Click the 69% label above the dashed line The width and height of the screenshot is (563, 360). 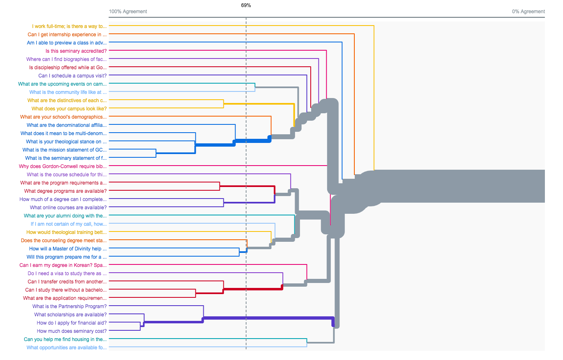(x=246, y=5)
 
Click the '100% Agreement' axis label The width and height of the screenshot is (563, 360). (x=128, y=12)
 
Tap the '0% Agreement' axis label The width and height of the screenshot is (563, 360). (x=528, y=12)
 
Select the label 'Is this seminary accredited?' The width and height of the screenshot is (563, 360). (x=76, y=51)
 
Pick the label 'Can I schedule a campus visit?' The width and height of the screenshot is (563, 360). (x=72, y=76)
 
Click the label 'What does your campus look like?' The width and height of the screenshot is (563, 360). (x=69, y=109)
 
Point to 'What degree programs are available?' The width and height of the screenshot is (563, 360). (x=65, y=191)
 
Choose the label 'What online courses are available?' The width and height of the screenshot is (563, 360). (x=68, y=208)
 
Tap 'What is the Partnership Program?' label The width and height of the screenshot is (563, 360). (x=70, y=306)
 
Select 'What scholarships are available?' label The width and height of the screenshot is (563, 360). (x=70, y=315)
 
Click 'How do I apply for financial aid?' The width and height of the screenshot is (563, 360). (x=72, y=323)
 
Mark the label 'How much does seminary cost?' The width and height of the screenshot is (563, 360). (x=72, y=331)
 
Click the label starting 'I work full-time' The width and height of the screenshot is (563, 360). (x=70, y=26)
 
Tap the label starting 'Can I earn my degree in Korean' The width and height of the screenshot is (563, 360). (x=63, y=265)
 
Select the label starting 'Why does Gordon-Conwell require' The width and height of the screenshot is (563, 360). (x=63, y=166)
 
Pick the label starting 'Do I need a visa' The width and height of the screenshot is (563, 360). (x=67, y=274)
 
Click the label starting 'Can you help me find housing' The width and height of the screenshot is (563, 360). (x=65, y=339)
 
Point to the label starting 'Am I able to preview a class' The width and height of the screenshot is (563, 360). (x=67, y=43)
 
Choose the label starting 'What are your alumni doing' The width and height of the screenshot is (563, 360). (x=65, y=216)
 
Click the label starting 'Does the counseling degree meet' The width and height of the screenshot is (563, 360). (x=64, y=241)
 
